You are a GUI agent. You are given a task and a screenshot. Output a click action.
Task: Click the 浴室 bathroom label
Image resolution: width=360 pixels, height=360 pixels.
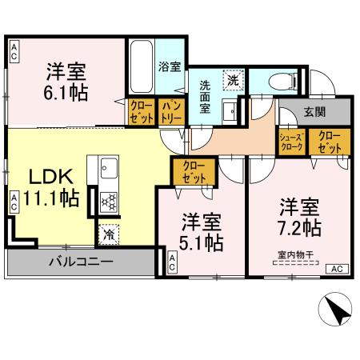point(169,67)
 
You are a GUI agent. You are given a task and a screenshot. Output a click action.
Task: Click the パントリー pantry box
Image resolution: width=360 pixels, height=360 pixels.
point(170,111)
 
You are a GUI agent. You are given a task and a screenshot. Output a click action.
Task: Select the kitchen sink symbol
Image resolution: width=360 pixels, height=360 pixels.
point(109,169)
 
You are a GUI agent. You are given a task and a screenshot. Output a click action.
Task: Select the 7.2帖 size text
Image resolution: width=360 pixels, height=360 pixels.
point(299,227)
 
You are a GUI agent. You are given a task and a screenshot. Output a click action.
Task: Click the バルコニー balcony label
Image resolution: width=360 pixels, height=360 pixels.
point(80,261)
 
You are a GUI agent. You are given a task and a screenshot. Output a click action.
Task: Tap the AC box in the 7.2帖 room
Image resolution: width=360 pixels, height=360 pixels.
point(336,268)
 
